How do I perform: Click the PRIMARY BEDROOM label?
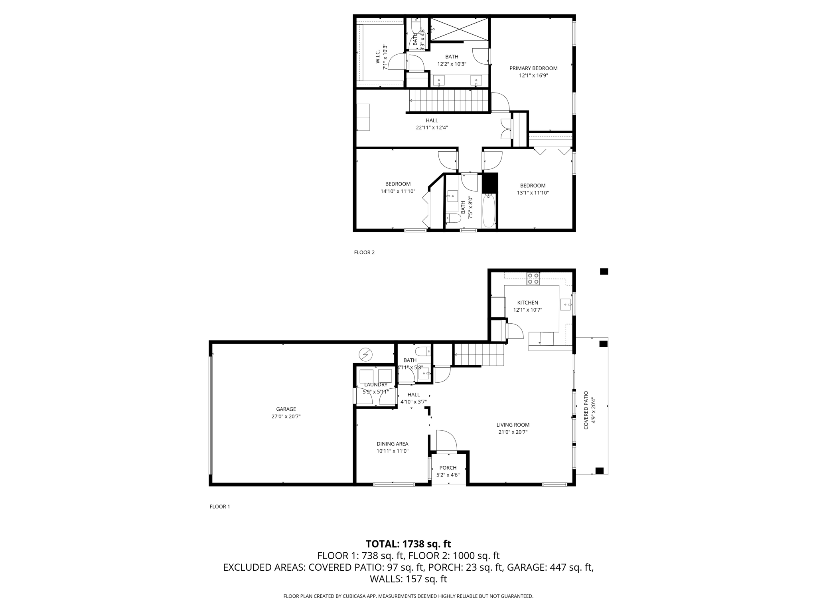pos(533,68)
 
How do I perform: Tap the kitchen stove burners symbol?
pos(533,279)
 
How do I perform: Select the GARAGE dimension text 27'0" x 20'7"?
pos(286,416)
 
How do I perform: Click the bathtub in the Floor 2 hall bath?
pos(489,210)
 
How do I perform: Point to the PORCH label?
pos(448,468)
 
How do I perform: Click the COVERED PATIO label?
pos(586,410)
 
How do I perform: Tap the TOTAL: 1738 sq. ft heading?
pos(408,544)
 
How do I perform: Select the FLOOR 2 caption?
pos(364,252)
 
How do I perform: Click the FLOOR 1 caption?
pos(220,506)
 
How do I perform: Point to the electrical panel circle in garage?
pos(365,354)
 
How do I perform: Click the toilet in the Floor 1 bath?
pos(422,352)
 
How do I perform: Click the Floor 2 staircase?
pos(449,101)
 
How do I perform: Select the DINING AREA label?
pos(392,444)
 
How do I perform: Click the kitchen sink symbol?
pos(566,305)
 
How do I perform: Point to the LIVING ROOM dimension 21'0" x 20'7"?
pos(513,432)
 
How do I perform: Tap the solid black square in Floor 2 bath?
pos(490,183)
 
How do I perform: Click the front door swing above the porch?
pos(446,441)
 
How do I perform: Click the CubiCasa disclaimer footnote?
pos(408,596)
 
